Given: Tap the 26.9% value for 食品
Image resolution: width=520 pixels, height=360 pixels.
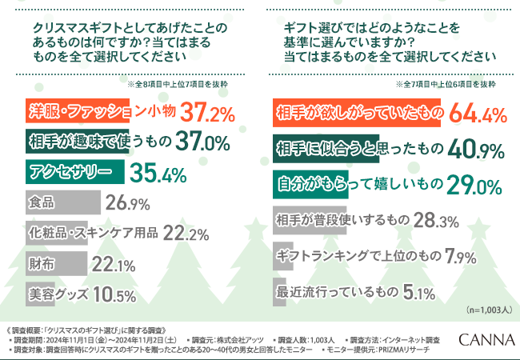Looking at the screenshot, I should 127,203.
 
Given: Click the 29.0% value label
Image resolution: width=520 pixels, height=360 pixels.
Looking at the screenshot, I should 474,184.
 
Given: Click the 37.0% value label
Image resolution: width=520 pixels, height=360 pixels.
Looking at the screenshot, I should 207,142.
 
